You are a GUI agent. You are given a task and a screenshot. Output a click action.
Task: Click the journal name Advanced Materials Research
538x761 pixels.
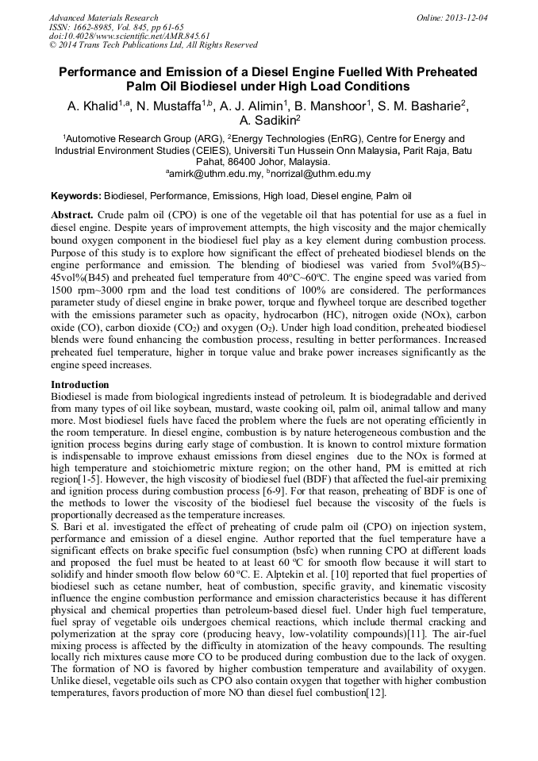tap(103, 17)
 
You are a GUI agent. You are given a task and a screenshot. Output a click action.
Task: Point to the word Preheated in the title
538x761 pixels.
tap(440, 72)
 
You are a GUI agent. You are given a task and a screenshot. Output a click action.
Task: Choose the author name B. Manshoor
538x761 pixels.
tap(334, 106)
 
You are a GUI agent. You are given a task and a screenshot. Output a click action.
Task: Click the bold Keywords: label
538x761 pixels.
tap(76, 195)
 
